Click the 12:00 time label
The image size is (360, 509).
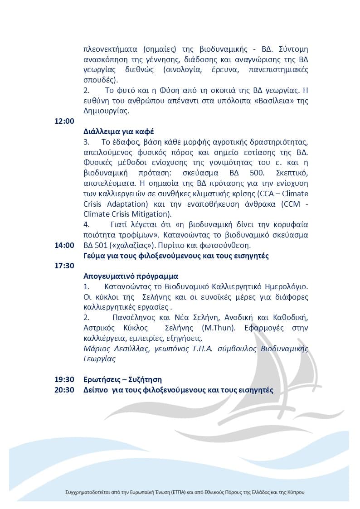coord(64,121)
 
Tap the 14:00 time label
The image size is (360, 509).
coord(64,245)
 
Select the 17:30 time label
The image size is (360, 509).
coord(64,266)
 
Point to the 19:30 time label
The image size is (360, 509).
coord(64,379)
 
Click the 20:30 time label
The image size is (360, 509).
coord(64,390)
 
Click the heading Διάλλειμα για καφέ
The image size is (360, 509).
coord(119,132)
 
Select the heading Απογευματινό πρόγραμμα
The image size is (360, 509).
coord(131,276)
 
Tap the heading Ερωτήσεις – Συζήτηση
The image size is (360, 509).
coord(123,379)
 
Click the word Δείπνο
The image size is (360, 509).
coord(95,390)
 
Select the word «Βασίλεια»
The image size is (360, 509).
coord(272,101)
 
